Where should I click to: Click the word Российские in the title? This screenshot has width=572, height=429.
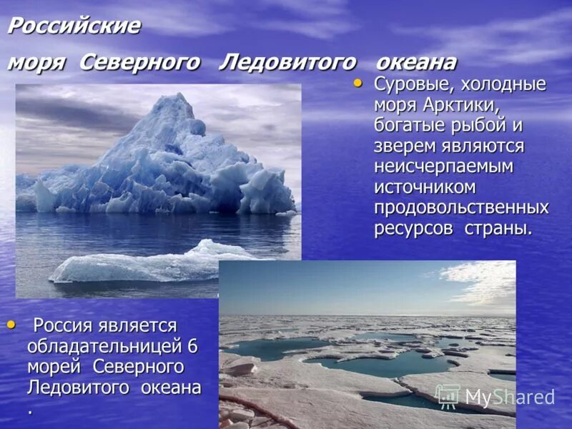pyautogui.click(x=73, y=27)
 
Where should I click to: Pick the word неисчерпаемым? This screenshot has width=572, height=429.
pyautogui.click(x=443, y=167)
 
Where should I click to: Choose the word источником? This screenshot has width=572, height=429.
pyautogui.click(x=425, y=187)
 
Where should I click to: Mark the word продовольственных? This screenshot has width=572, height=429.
pyautogui.click(x=461, y=208)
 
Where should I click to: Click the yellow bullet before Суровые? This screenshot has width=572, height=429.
pyautogui.click(x=359, y=84)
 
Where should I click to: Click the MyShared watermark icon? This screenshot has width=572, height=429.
pyautogui.click(x=448, y=397)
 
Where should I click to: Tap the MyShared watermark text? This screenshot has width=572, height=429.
pyautogui.click(x=510, y=398)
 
